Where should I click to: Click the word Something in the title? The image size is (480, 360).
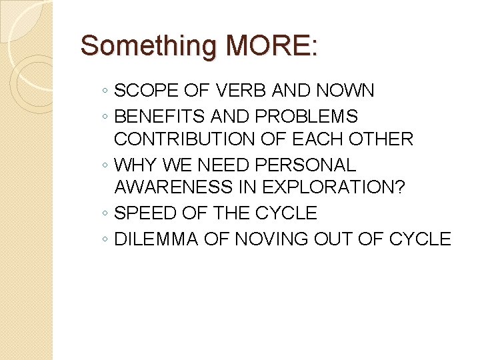[x=149, y=46]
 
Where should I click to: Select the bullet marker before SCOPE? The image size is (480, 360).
[x=106, y=92]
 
